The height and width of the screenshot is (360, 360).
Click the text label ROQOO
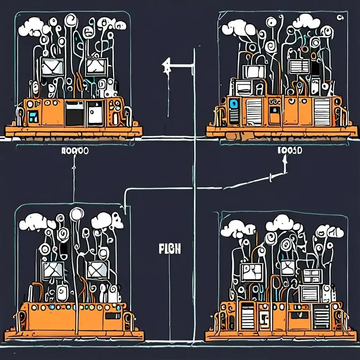(75, 151)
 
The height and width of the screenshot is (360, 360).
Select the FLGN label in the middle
(170, 249)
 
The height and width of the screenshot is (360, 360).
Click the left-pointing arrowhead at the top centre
(165, 65)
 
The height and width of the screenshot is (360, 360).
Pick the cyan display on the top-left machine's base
(34, 116)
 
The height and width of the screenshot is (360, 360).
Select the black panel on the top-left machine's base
(75, 113)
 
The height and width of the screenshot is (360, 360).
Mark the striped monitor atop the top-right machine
(298, 66)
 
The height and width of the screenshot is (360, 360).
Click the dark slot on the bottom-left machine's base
(112, 316)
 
